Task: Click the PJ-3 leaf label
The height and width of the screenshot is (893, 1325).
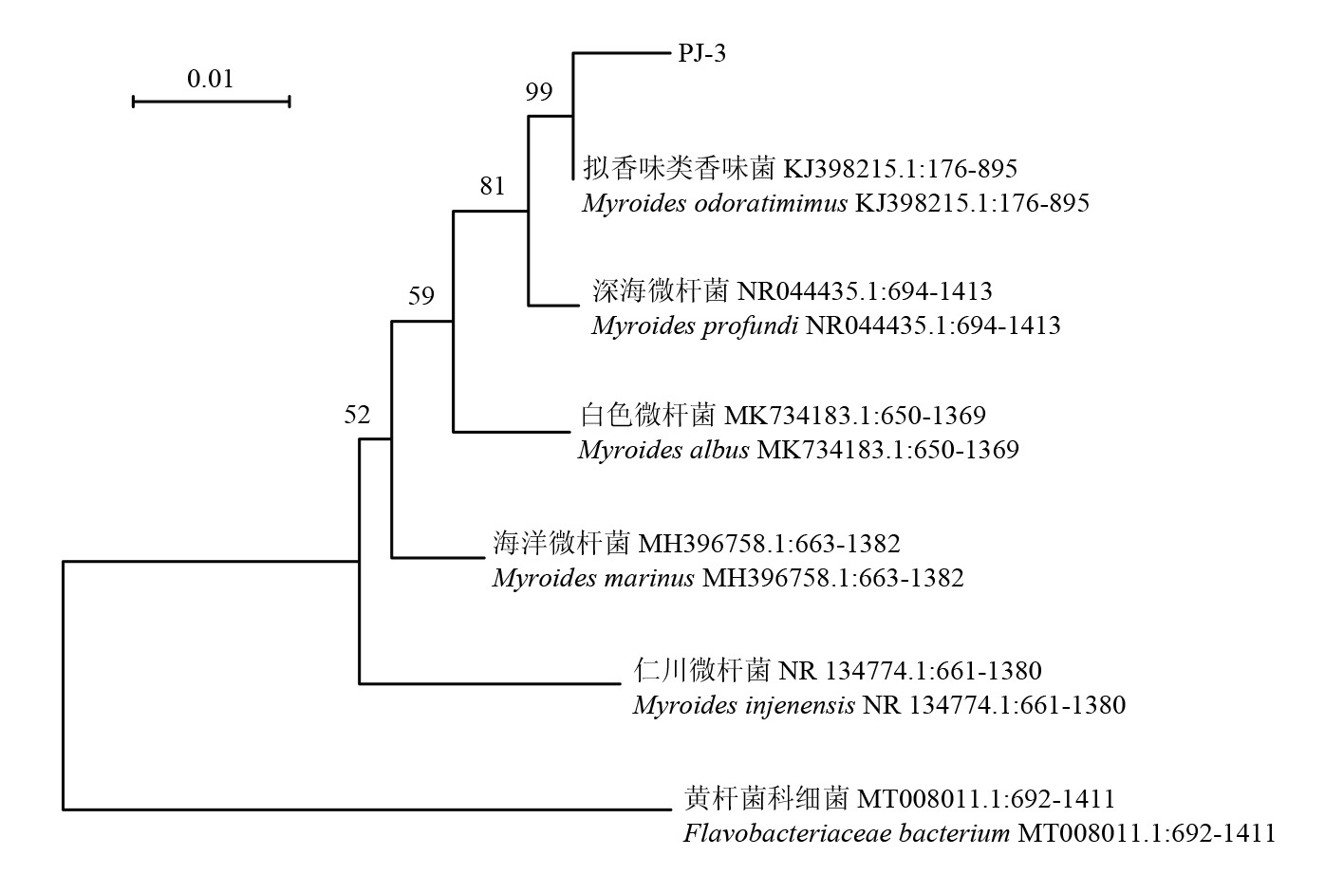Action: [702, 54]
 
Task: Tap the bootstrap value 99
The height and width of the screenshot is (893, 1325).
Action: [539, 92]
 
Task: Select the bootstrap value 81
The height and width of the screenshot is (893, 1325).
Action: [493, 186]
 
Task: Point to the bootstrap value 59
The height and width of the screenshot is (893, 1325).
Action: [421, 296]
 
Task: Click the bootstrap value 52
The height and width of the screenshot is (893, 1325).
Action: [357, 414]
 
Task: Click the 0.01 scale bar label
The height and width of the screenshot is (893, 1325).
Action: [210, 78]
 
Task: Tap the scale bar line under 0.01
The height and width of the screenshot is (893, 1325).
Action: [211, 100]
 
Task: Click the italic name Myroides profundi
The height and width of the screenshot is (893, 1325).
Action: [695, 326]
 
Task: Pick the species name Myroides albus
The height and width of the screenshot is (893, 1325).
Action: [663, 450]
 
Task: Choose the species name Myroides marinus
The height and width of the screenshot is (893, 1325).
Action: [593, 578]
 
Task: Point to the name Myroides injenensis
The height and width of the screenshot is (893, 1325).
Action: [743, 705]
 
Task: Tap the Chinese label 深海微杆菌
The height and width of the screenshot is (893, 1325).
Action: [660, 290]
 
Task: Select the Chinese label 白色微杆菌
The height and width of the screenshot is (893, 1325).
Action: [647, 415]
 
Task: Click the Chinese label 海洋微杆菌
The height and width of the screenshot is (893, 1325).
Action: [561, 544]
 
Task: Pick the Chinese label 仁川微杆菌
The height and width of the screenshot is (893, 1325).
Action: [701, 671]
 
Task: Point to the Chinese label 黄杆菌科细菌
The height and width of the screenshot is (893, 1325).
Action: [767, 799]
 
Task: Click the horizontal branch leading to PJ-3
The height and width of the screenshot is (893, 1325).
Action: [622, 54]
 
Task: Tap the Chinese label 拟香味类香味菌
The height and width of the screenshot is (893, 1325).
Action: [680, 169]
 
